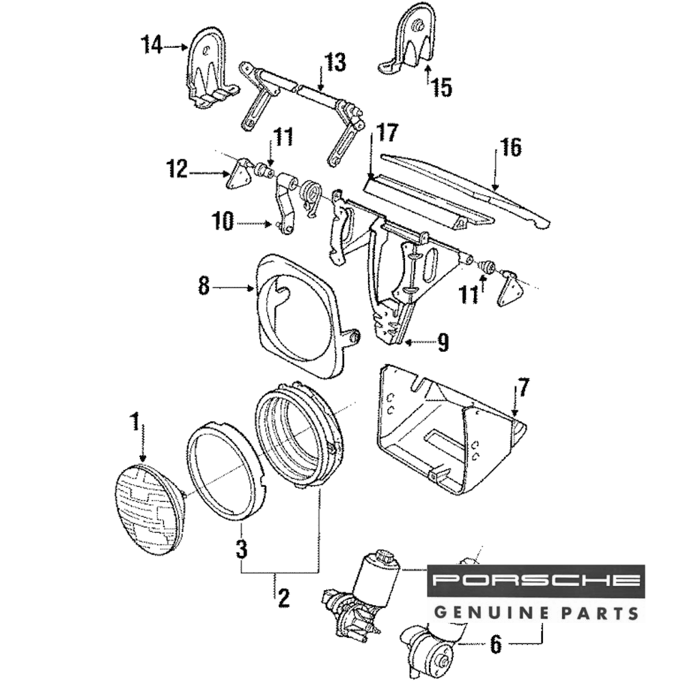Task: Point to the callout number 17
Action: (385, 132)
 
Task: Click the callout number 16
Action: (509, 147)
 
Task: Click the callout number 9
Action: (443, 342)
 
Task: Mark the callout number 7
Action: (522, 388)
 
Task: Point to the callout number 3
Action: (240, 548)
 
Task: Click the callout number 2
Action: (283, 598)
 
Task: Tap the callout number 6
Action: (497, 643)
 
